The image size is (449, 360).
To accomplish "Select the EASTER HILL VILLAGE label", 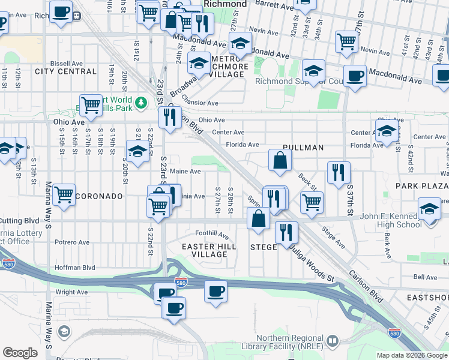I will pyautogui.click(x=209, y=250).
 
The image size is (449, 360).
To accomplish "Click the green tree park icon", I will pyautogui.click(x=141, y=103).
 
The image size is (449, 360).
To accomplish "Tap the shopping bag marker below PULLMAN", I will pyautogui.click(x=280, y=160).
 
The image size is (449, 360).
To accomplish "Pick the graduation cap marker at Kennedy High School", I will pyautogui.click(x=429, y=211).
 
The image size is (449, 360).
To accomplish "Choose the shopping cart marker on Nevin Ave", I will pyautogui.click(x=347, y=41).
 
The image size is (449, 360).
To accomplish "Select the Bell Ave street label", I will pyautogui.click(x=426, y=277).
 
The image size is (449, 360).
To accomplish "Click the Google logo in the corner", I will pyautogui.click(x=20, y=353).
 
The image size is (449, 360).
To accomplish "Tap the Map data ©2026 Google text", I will pyautogui.click(x=411, y=355).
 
